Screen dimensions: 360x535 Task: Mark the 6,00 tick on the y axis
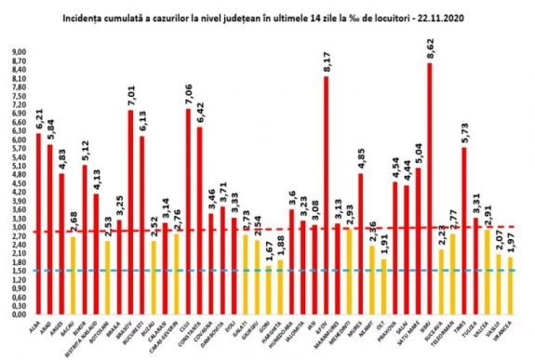pyautogui.click(x=20, y=140)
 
